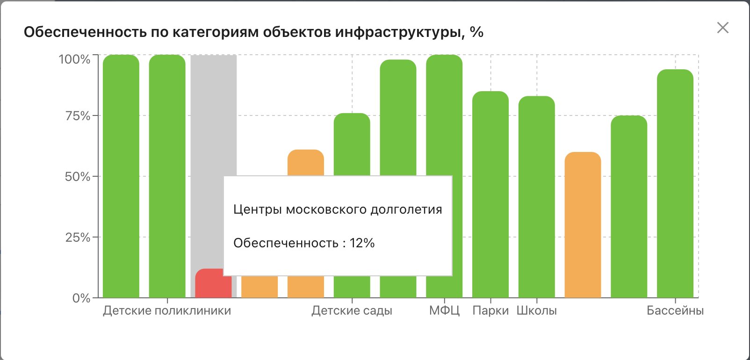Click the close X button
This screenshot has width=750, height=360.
tap(723, 28)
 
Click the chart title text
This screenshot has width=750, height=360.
tap(253, 32)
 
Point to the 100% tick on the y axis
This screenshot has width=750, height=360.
tap(74, 59)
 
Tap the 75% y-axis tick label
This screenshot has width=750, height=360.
tap(78, 116)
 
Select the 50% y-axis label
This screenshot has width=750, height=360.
tap(78, 177)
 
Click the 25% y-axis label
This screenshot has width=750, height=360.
tap(78, 238)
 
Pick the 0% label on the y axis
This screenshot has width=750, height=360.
tap(81, 298)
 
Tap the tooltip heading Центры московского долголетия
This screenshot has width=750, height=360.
tap(337, 209)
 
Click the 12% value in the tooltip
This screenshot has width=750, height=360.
tap(362, 243)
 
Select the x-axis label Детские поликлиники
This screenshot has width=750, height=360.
tap(167, 311)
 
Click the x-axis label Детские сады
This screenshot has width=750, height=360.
tap(352, 311)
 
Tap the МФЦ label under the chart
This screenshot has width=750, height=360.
tap(444, 311)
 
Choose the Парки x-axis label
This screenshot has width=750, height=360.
tap(490, 311)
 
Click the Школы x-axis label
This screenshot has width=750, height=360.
tap(536, 311)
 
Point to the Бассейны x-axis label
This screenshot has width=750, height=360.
tap(675, 311)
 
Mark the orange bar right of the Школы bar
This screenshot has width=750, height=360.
tap(583, 224)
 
